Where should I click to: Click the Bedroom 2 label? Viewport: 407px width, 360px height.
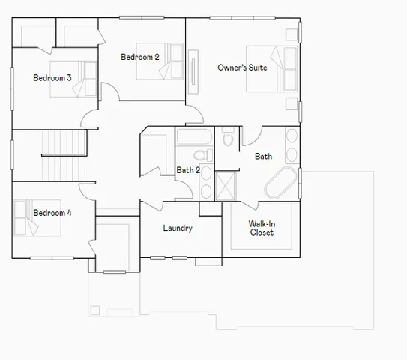(x=140, y=57)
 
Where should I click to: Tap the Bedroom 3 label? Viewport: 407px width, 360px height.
(x=52, y=77)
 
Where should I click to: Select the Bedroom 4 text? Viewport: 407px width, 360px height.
(x=52, y=213)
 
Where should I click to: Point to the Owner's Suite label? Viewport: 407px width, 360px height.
(x=242, y=67)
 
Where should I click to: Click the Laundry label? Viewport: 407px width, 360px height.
(x=178, y=228)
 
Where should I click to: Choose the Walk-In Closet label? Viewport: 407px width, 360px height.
(x=262, y=228)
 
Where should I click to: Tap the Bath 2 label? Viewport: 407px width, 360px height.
(x=188, y=170)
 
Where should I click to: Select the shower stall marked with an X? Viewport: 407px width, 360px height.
(x=226, y=185)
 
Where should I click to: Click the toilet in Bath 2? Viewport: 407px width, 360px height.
(x=199, y=156)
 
